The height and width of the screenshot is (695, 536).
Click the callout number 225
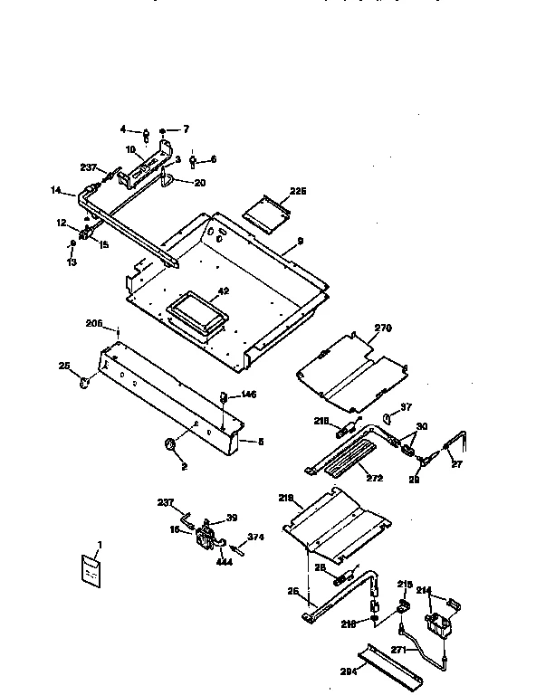[298, 191]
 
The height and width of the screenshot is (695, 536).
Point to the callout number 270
[383, 328]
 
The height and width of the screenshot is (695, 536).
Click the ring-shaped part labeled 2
[169, 445]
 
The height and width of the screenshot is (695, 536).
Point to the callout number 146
[247, 395]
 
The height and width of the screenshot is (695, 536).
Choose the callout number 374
[255, 538]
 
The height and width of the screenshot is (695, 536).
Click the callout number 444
[225, 561]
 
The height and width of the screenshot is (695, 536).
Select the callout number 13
[73, 262]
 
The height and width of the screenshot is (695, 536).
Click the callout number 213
[405, 585]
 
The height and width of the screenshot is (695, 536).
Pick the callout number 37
[407, 406]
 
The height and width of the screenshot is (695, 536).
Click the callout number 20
[199, 182]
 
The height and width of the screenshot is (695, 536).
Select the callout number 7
[187, 129]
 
